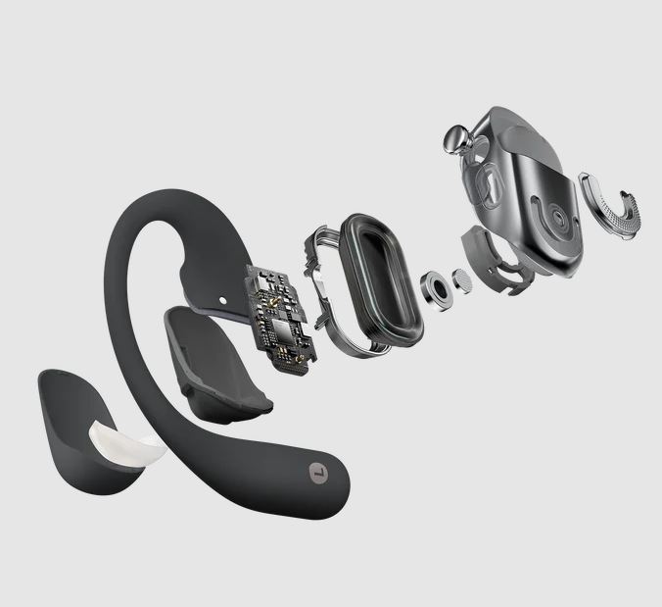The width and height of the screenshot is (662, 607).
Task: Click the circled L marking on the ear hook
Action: (x=319, y=472)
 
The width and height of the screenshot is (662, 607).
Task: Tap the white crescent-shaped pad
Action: (x=126, y=447)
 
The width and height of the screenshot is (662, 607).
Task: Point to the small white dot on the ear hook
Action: (x=223, y=300)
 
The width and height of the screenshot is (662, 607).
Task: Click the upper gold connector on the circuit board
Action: (x=274, y=300)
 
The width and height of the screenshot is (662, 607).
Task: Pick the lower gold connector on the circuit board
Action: (x=301, y=359)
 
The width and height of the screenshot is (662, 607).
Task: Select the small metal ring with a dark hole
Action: (x=436, y=291)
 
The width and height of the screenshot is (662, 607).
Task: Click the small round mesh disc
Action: (x=463, y=282)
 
